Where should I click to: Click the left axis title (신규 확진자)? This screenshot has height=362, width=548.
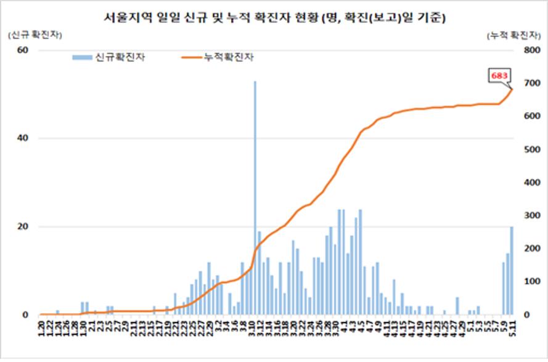pos(35,36)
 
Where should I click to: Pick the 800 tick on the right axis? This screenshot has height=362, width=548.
pos(531,50)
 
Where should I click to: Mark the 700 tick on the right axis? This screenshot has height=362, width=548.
pos(531,83)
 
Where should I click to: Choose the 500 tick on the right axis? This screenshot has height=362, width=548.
pos(531,149)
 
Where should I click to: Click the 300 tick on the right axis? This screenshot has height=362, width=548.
pos(531,216)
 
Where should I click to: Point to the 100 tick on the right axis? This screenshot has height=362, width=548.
pos(531,282)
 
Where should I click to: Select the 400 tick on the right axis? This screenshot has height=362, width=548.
pos(531,183)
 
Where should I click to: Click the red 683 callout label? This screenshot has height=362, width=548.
pos(499,75)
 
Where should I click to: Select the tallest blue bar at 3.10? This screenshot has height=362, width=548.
pos(255,197)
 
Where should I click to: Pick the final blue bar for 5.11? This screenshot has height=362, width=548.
pos(512,271)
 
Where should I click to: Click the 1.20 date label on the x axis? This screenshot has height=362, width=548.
pos(41,331)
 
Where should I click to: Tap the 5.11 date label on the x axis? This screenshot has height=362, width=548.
pos(512,331)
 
